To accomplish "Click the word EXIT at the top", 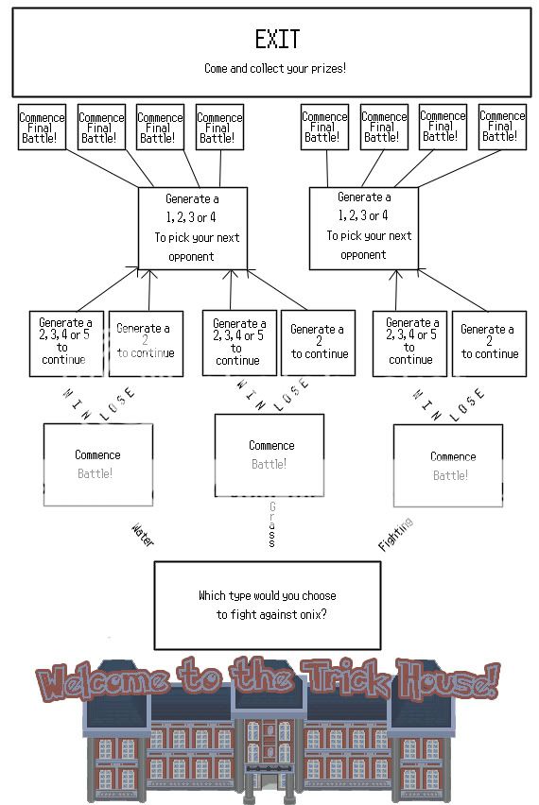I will pos(277,39).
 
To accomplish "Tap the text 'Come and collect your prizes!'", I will pos(275,68).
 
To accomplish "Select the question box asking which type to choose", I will pos(268,605).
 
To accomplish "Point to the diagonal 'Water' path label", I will pos(142,536).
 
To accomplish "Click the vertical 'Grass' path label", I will pos(271,525).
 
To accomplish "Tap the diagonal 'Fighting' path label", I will pos(395,534).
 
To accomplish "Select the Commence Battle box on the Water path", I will pos(97,464).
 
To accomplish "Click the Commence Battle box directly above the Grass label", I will pos(269,455).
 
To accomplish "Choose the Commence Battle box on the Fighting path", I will pos(448,466).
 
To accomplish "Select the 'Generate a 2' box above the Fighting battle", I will pos(488,343).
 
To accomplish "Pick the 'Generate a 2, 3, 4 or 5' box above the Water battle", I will pos(65,342).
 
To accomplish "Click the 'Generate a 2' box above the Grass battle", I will pos(319,342).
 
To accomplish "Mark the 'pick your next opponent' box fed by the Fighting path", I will pos(363,228).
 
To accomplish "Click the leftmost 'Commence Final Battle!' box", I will pos(42,128).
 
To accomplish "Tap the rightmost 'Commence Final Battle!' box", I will pos(501,127).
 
